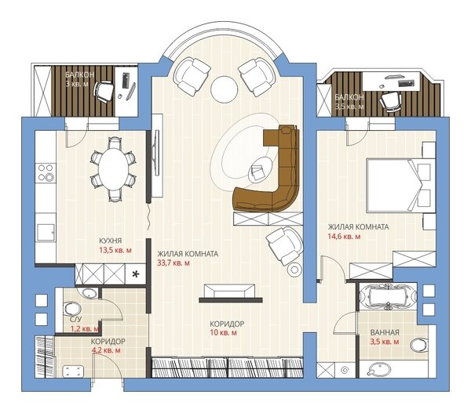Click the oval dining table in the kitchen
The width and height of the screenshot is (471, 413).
pos(114,169)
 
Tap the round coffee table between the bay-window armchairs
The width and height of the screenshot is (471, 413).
pos(224,89)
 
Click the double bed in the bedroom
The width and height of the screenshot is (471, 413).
pos(400,185)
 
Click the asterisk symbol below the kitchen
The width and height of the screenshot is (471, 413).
pos(136,274)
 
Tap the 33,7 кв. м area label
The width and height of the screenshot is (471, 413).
pos(173,263)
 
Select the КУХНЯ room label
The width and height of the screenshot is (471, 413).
pos(110,241)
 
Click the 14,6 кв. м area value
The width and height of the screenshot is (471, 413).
pos(345,237)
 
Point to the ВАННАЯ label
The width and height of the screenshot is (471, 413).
pos(385,332)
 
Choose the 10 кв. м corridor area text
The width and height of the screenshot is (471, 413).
pos(223,332)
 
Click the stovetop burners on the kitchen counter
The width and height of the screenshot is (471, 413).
pos(46,172)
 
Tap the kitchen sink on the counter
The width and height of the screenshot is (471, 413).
pos(46,232)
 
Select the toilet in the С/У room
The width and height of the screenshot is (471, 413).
pos(72,310)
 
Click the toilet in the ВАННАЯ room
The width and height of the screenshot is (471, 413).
pos(419,345)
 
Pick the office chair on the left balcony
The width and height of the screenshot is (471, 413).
pos(104,92)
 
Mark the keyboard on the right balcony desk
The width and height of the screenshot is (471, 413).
pos(406,83)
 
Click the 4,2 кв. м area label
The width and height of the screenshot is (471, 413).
pos(107,350)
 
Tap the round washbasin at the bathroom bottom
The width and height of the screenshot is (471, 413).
pos(379,370)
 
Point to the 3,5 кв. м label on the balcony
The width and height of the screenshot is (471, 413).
pos(349,107)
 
